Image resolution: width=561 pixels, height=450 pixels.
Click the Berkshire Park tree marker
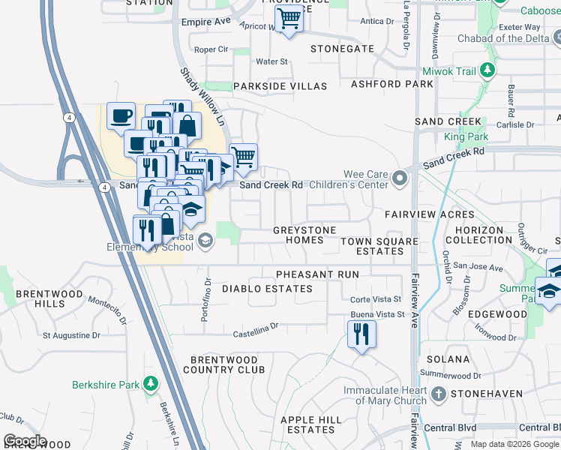(x=151, y=385)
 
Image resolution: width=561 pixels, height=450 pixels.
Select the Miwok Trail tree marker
(x=488, y=71)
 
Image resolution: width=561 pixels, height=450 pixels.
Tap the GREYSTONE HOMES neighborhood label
(x=298, y=235)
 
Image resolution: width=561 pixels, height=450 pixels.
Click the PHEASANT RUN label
(x=317, y=275)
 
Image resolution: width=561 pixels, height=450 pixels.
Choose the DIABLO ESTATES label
(x=267, y=289)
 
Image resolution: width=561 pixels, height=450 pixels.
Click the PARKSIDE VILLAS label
(x=280, y=87)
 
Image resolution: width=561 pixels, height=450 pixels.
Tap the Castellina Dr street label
(x=255, y=326)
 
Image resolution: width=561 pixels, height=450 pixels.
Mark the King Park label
(x=466, y=137)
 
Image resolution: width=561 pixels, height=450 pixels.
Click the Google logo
(x=25, y=441)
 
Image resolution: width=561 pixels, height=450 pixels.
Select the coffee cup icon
(x=121, y=116)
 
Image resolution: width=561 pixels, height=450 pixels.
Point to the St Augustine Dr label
(x=72, y=335)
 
